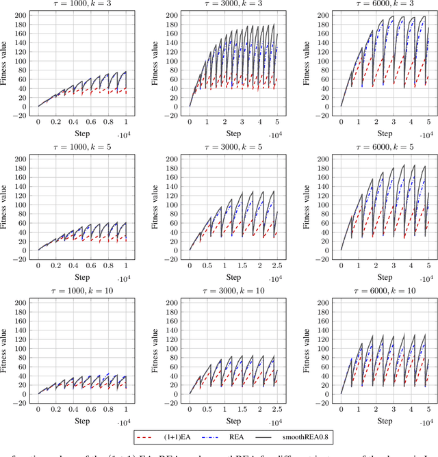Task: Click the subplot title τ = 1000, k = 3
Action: [x=82, y=4]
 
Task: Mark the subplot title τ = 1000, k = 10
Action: [x=82, y=292]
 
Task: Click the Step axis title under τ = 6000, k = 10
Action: [x=385, y=421]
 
